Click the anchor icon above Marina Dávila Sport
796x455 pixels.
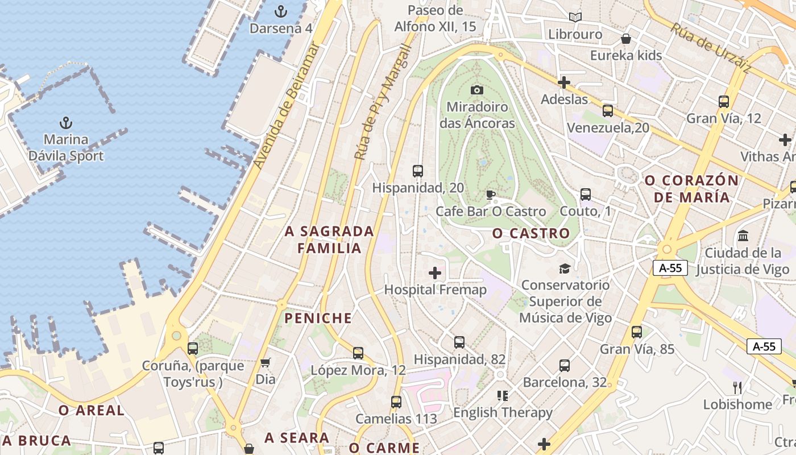click(66, 123)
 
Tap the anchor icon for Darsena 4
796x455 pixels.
click(280, 11)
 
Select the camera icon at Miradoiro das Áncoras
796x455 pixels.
click(477, 90)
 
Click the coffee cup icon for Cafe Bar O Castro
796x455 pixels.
click(490, 195)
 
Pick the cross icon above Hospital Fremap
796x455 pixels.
click(435, 273)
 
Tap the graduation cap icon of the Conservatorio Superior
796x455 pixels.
click(565, 268)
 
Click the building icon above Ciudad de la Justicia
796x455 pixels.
click(743, 235)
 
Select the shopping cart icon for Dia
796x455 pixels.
click(266, 362)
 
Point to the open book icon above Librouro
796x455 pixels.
click(575, 18)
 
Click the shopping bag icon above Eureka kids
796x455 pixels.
click(626, 39)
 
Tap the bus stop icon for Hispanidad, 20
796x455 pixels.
click(418, 171)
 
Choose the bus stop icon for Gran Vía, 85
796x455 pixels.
click(637, 332)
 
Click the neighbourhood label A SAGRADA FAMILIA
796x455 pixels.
click(330, 239)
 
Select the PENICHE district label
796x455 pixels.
click(318, 318)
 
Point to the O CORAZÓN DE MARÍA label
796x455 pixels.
click(691, 189)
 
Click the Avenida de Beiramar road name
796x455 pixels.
click(287, 106)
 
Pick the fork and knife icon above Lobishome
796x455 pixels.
click(737, 388)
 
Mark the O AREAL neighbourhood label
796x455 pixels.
click(91, 410)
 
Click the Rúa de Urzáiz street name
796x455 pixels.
click(710, 48)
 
